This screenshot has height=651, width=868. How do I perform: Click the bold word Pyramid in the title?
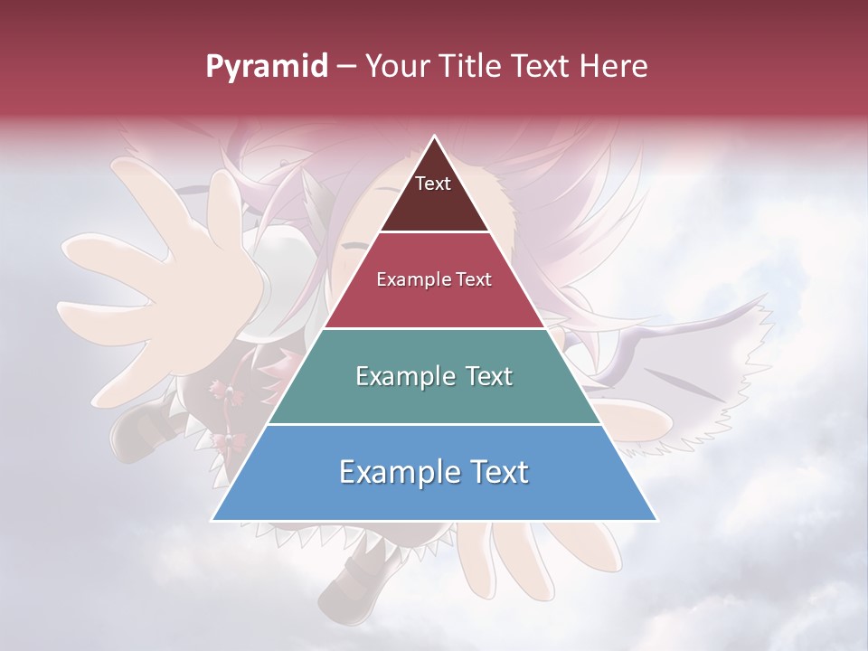[x=267, y=67]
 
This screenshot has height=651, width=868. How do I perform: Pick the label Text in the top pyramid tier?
[x=433, y=184]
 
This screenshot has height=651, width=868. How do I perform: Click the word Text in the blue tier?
[x=496, y=472]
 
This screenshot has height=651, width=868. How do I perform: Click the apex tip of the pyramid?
[x=434, y=137]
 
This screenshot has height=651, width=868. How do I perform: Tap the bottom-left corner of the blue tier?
[x=213, y=520]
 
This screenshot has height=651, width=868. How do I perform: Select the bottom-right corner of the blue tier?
[x=656, y=520]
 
